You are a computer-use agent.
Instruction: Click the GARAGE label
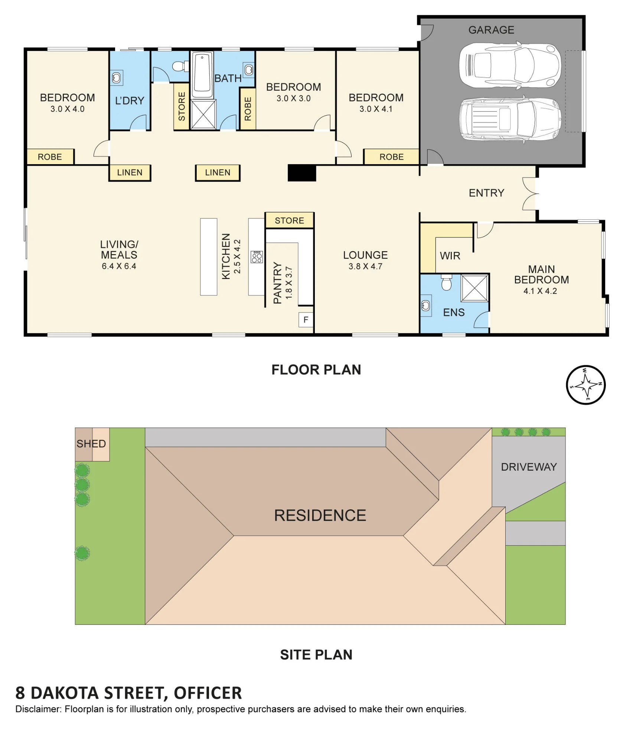pos(491,30)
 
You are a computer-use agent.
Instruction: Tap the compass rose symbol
pos(585,385)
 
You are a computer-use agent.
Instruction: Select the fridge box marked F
pos(306,320)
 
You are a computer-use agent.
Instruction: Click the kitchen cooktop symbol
pos(257,257)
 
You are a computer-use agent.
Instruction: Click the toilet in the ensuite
pos(446,282)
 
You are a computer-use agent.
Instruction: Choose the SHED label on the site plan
pos(91,444)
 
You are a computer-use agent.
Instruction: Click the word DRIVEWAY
pos(529,467)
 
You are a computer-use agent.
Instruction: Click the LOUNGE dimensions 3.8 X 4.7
pos(365,266)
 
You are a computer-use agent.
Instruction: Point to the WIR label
pos(450,256)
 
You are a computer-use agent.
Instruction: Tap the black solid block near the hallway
pos(302,173)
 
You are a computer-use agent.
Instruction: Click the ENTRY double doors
pos(531,194)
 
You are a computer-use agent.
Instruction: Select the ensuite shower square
pos(474,288)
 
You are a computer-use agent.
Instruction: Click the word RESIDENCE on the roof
pos(320,515)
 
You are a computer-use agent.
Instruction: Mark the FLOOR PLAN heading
pos(316,370)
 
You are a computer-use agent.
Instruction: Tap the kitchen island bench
pos(209,257)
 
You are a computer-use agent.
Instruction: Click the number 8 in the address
pos(20,693)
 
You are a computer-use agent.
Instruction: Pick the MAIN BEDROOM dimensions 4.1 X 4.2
pos(540,291)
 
